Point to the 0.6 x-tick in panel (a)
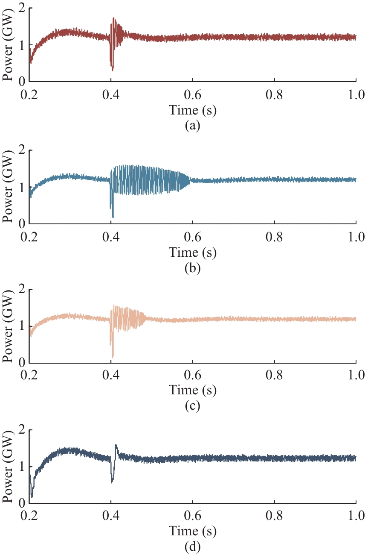coord(193,94)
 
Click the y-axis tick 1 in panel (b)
coord(21,187)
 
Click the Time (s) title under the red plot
coord(193,111)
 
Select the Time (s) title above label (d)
coord(193,532)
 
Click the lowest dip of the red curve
coord(113,70)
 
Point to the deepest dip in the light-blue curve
coord(113,217)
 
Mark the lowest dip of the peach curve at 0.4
coord(113,357)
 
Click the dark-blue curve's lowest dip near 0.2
coord(32,497)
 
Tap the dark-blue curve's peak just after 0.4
coord(116,445)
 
